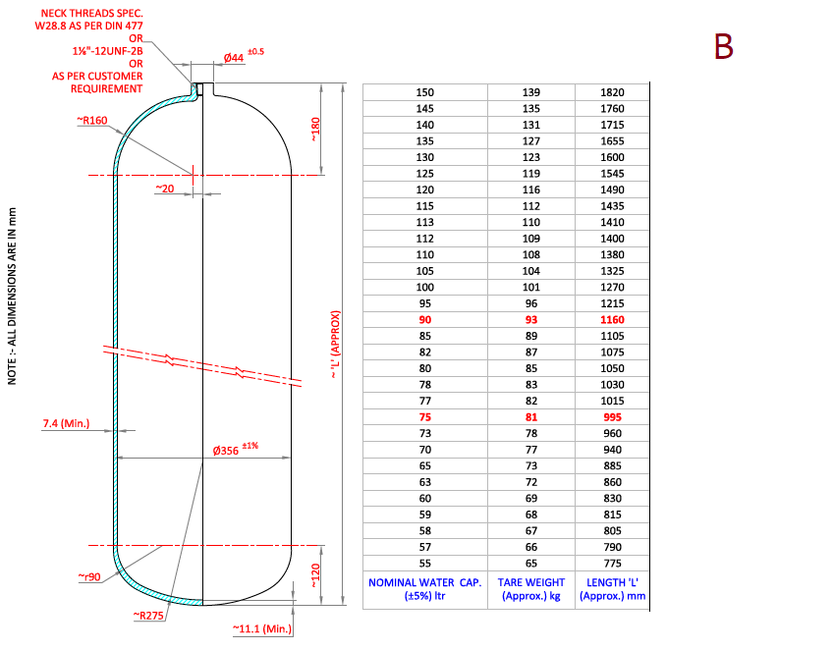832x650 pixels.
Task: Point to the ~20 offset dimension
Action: pyautogui.click(x=164, y=188)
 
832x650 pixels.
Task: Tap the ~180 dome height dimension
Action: pyautogui.click(x=315, y=130)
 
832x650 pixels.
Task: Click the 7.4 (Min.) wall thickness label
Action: pyautogui.click(x=66, y=424)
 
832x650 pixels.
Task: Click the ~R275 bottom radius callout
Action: pyautogui.click(x=148, y=616)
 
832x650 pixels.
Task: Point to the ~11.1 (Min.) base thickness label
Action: pyautogui.click(x=263, y=626)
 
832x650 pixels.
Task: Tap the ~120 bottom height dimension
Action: pyautogui.click(x=315, y=574)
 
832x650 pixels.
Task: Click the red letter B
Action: pyautogui.click(x=723, y=46)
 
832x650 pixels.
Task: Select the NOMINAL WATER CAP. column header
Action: pyautogui.click(x=424, y=589)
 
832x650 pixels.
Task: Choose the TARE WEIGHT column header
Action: pyautogui.click(x=530, y=589)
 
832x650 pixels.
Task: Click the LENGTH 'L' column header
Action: pyautogui.click(x=612, y=589)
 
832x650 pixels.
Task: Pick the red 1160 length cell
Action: pyautogui.click(x=612, y=320)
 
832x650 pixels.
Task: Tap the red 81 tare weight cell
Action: pyautogui.click(x=530, y=416)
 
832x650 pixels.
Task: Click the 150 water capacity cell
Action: pyautogui.click(x=424, y=92)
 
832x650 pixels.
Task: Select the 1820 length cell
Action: pyautogui.click(x=612, y=92)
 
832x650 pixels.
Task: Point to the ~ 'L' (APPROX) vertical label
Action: pyautogui.click(x=335, y=345)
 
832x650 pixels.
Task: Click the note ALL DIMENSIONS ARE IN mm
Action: pyautogui.click(x=12, y=295)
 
